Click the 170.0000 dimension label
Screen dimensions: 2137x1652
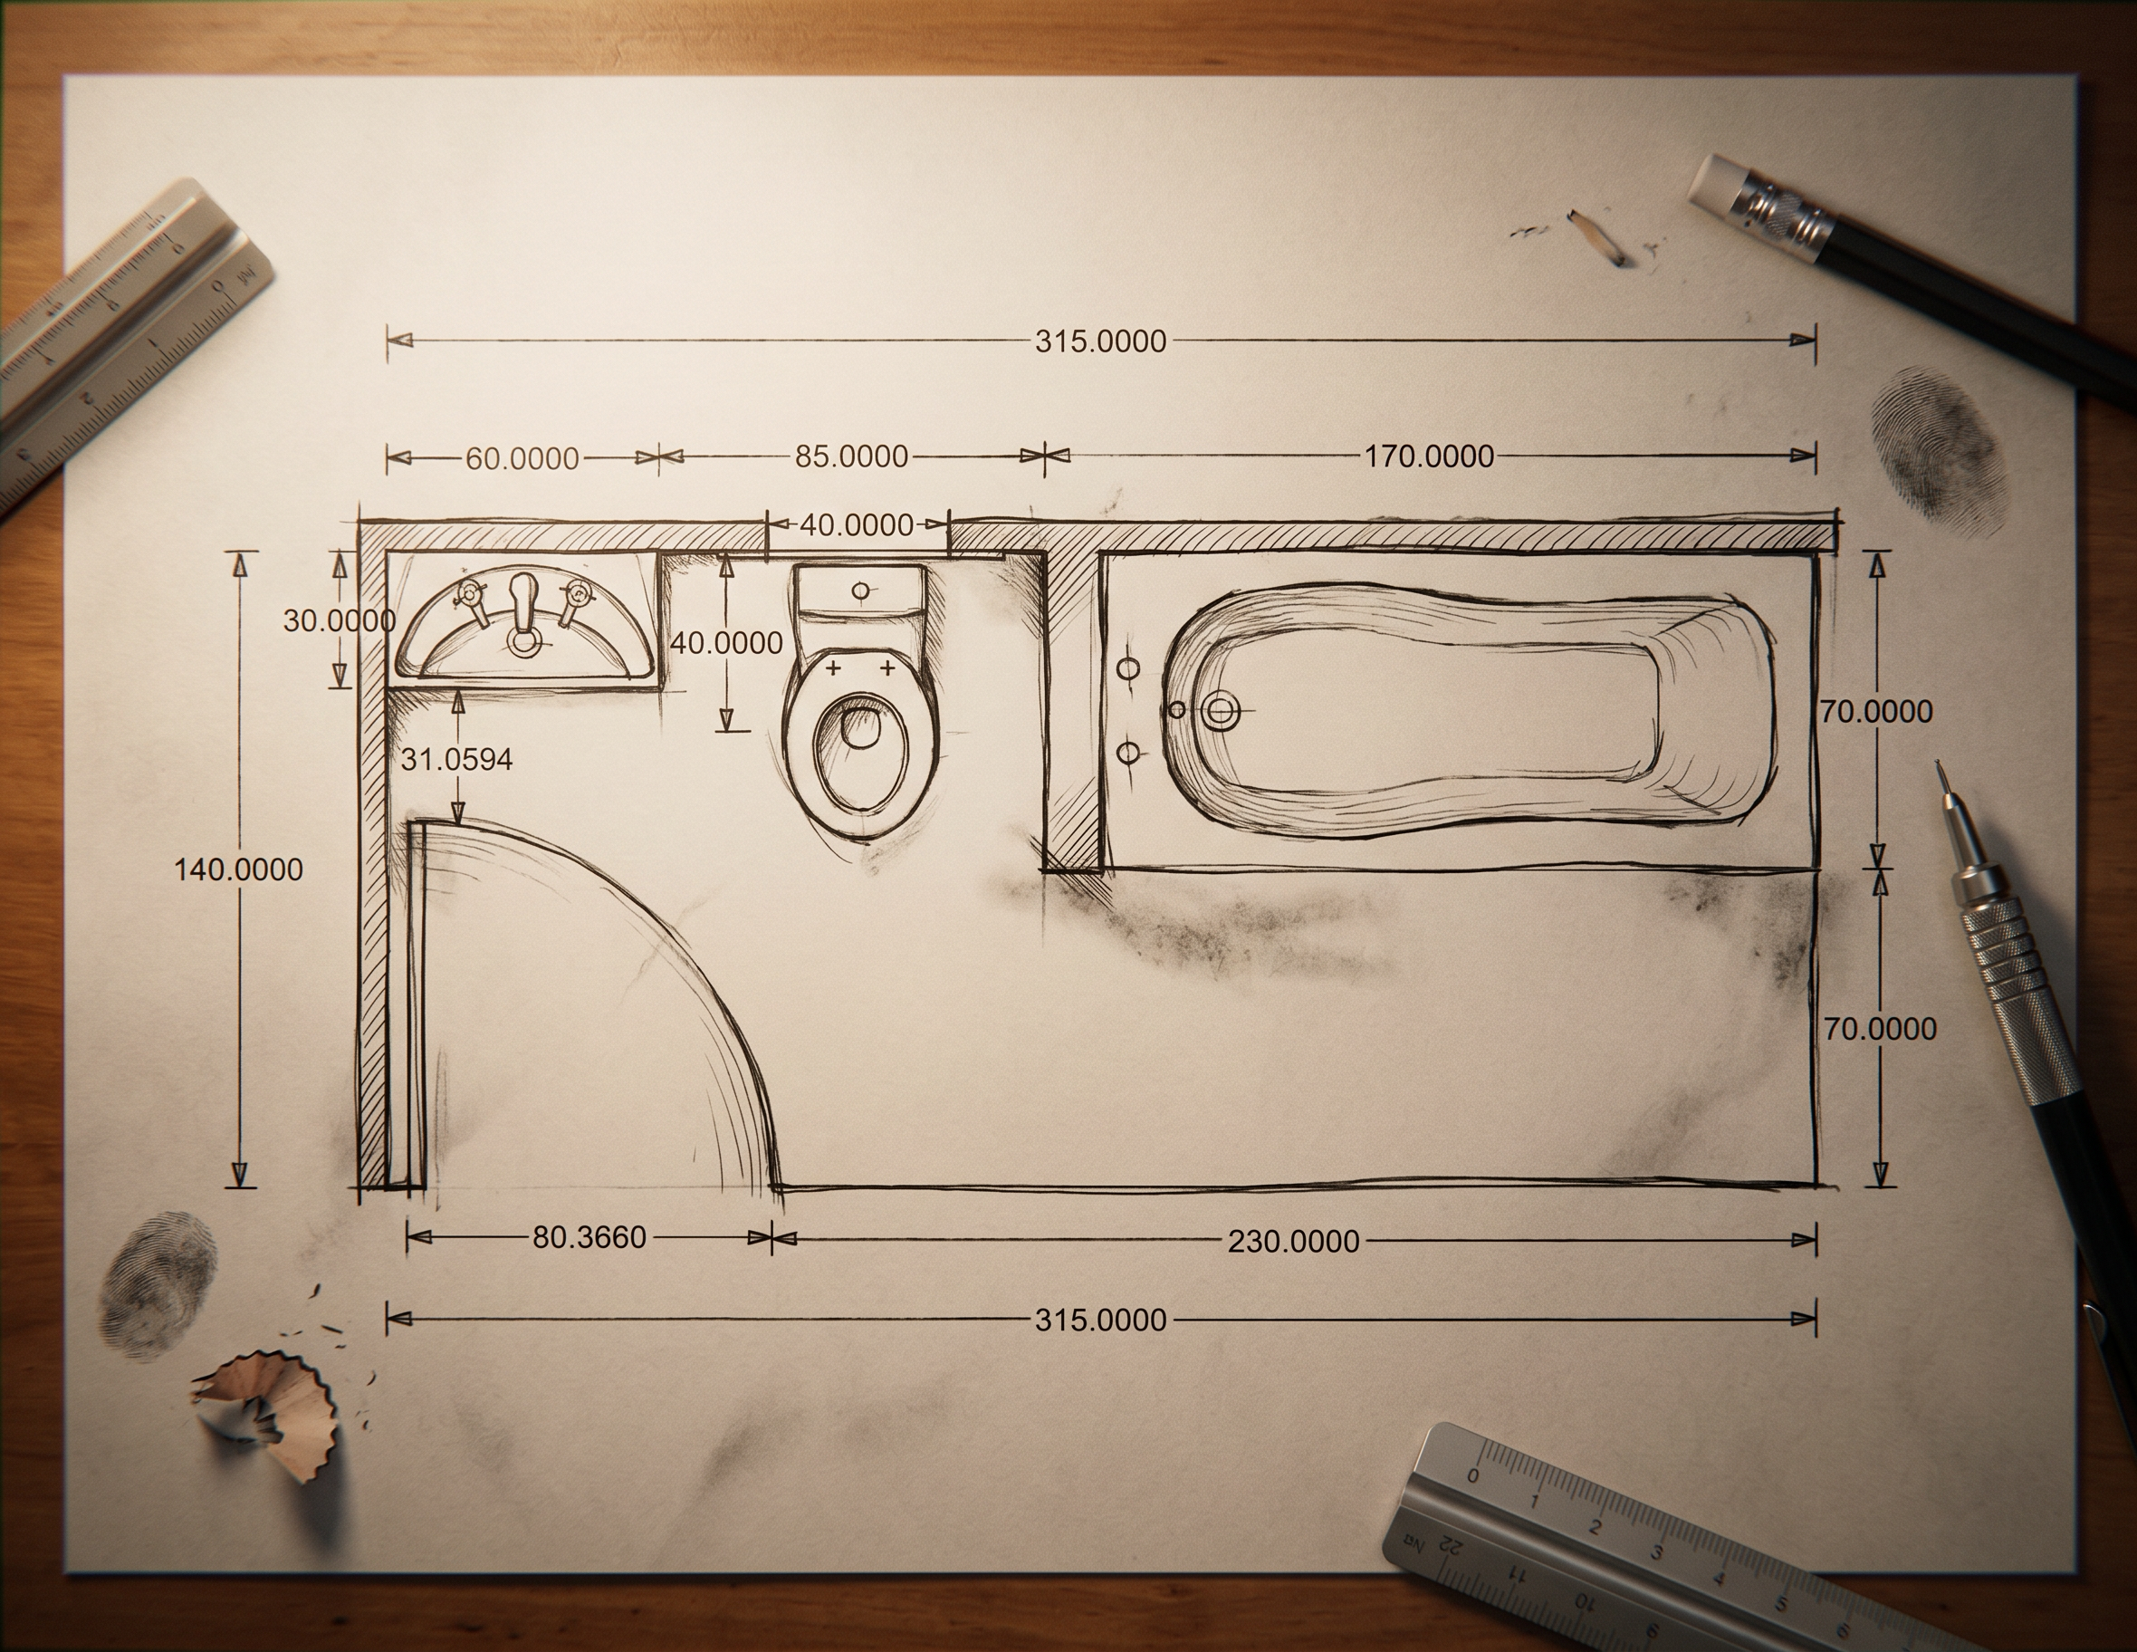1430,456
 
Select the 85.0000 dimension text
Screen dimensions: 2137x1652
851,456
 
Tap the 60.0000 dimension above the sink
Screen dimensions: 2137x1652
522,458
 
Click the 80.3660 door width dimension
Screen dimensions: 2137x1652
589,1237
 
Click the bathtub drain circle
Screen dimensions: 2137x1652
1219,708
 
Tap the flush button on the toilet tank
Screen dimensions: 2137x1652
861,591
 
